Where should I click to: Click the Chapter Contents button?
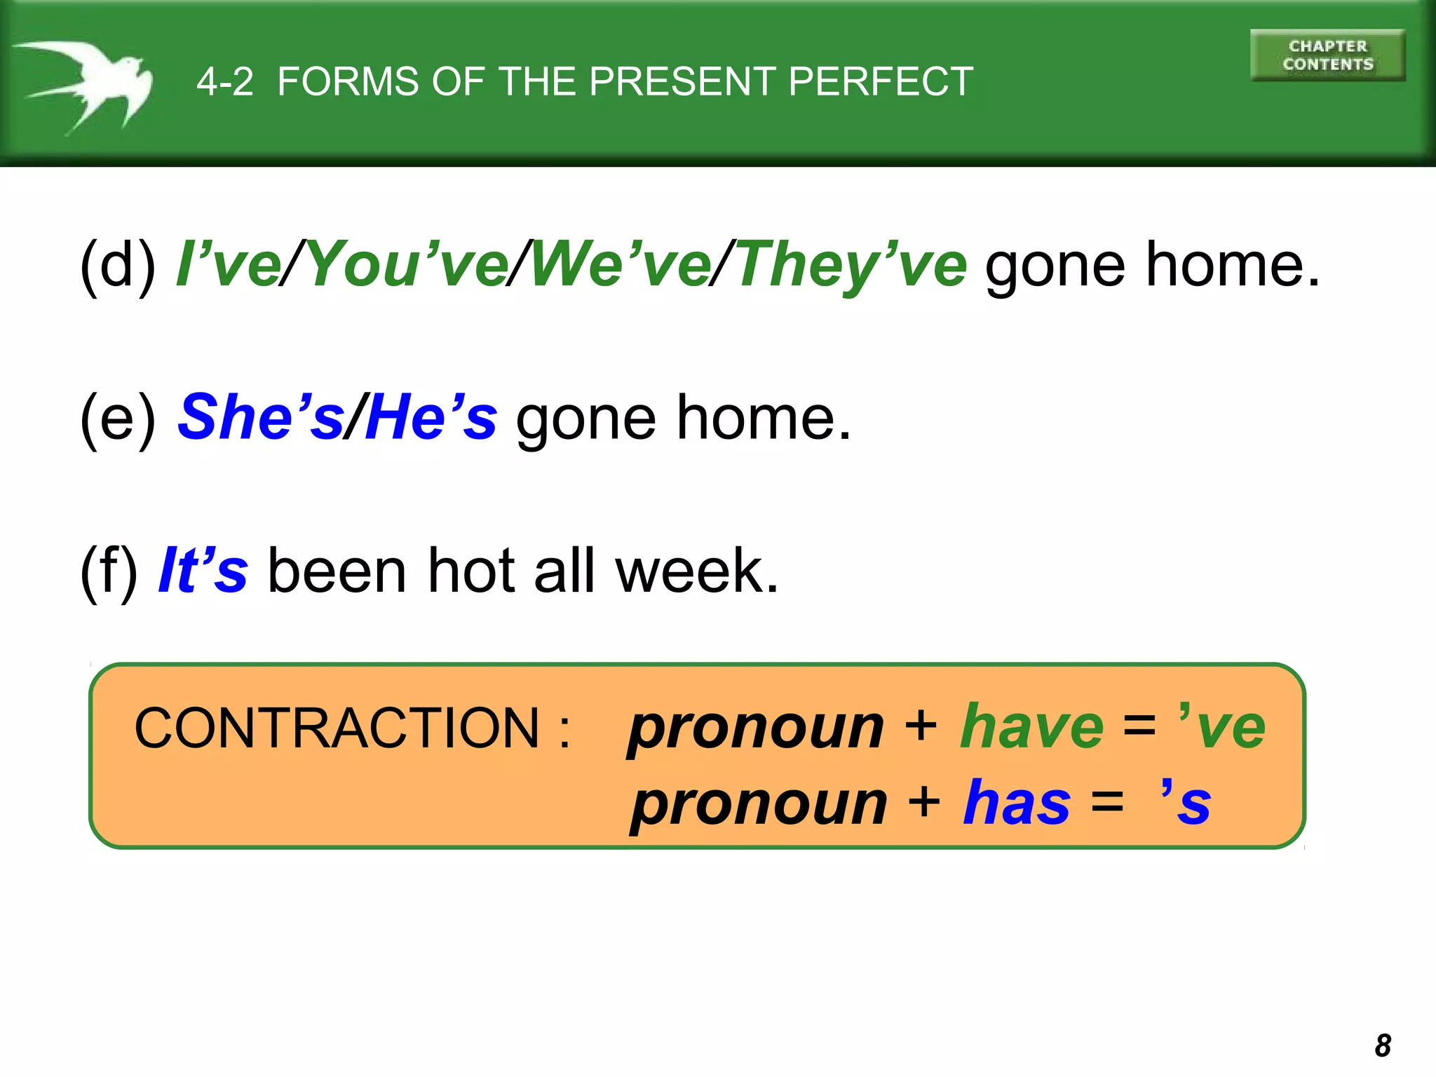(1327, 55)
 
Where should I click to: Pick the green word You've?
(407, 265)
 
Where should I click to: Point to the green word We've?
(621, 265)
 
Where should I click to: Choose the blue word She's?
(261, 418)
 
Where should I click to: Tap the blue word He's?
(431, 418)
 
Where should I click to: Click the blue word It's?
(203, 571)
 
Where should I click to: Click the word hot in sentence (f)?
(470, 571)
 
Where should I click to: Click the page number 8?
(1383, 1045)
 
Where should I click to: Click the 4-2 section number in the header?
(224, 81)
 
